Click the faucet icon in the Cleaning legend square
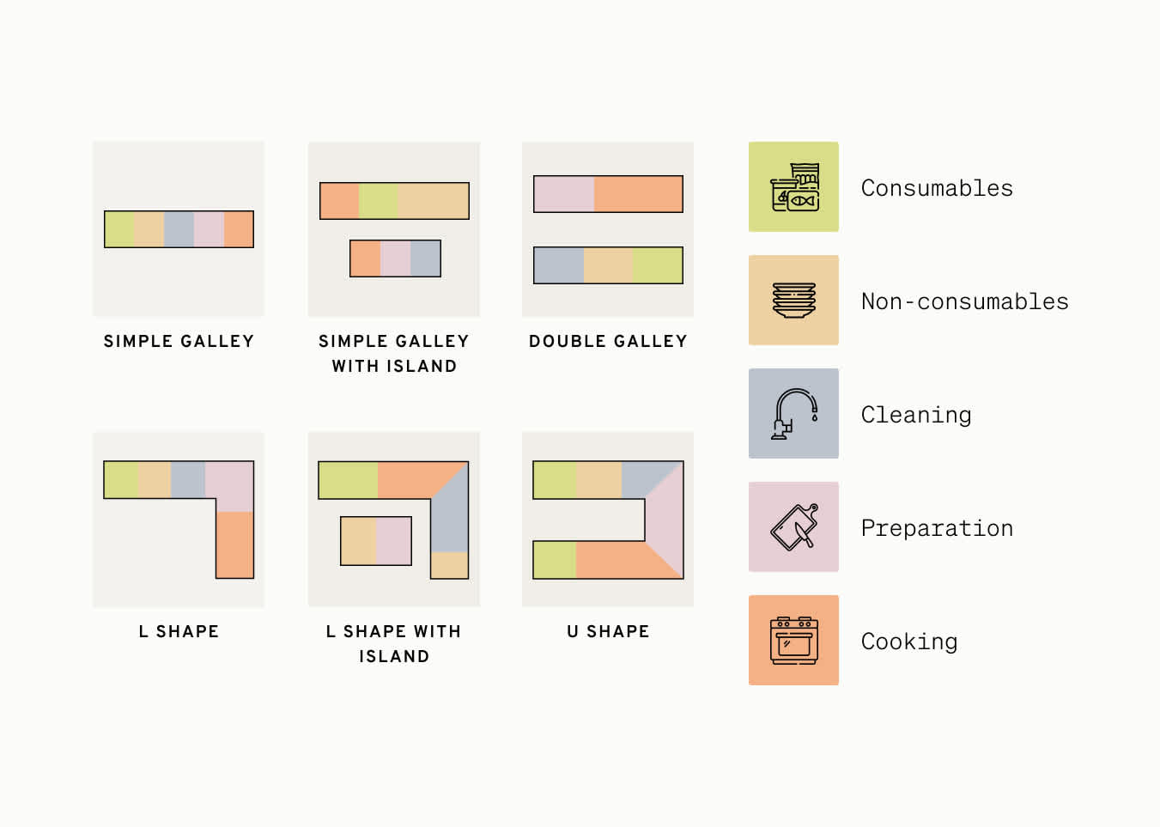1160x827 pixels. [793, 414]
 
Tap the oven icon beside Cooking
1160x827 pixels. [793, 641]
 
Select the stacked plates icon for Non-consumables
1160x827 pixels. [793, 301]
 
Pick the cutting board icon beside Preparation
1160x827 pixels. [793, 527]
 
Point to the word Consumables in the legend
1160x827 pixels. [937, 188]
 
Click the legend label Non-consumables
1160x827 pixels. [964, 301]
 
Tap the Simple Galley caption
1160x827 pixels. [179, 341]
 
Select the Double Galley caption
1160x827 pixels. [608, 341]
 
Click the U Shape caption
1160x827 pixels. [608, 631]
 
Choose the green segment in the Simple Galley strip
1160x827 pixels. [119, 229]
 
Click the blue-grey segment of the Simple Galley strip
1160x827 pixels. [179, 229]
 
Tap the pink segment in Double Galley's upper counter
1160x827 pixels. [564, 194]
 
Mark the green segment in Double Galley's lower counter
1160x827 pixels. [658, 265]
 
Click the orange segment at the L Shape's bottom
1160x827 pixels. [234, 544]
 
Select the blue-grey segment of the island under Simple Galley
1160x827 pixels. [425, 258]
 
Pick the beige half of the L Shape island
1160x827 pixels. [359, 540]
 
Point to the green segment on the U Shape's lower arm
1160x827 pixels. [555, 560]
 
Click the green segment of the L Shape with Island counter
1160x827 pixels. [348, 480]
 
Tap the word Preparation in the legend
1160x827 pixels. [937, 528]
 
